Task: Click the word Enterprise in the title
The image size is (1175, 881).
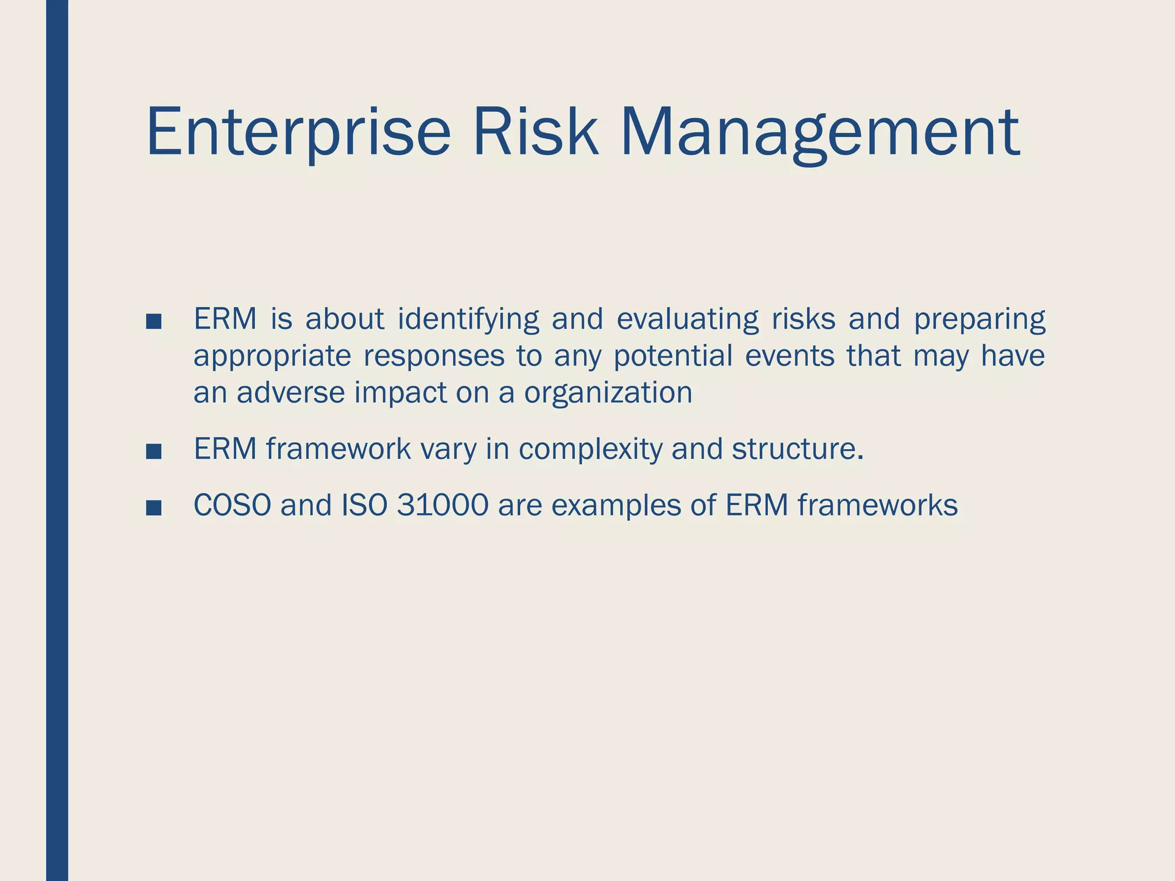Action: pyautogui.click(x=298, y=133)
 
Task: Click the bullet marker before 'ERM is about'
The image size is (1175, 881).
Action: pyautogui.click(x=154, y=322)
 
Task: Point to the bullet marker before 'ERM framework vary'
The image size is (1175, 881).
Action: pyautogui.click(x=154, y=451)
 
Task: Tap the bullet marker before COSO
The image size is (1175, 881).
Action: pyautogui.click(x=154, y=508)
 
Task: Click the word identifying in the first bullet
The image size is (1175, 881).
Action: pyautogui.click(x=468, y=319)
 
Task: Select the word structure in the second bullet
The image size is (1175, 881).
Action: pyautogui.click(x=796, y=449)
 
